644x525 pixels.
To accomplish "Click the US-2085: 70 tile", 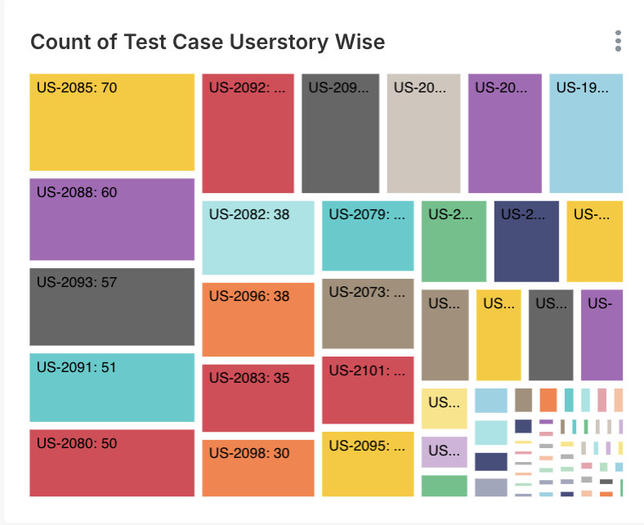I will [x=112, y=123].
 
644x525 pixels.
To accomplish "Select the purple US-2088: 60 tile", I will [x=112, y=219].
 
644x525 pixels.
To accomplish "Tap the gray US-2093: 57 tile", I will [x=112, y=307].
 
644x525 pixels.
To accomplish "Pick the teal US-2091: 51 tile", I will [x=112, y=388].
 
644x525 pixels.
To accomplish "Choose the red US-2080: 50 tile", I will [x=112, y=463].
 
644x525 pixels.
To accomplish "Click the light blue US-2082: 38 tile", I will [x=258, y=238].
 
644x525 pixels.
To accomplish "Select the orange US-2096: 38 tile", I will [x=258, y=320].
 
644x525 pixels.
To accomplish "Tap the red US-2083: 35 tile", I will [x=258, y=398].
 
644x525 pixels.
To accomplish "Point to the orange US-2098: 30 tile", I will [x=258, y=469].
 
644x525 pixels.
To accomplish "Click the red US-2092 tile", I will [x=248, y=133].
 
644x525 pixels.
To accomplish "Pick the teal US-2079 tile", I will [x=368, y=236].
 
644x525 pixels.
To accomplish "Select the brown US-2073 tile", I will [x=368, y=313].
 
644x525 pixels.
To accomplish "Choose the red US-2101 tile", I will [x=368, y=390].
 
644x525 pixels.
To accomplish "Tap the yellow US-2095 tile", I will [x=368, y=464].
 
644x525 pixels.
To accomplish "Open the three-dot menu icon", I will [x=618, y=41].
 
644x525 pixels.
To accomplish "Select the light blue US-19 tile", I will [x=586, y=133].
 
